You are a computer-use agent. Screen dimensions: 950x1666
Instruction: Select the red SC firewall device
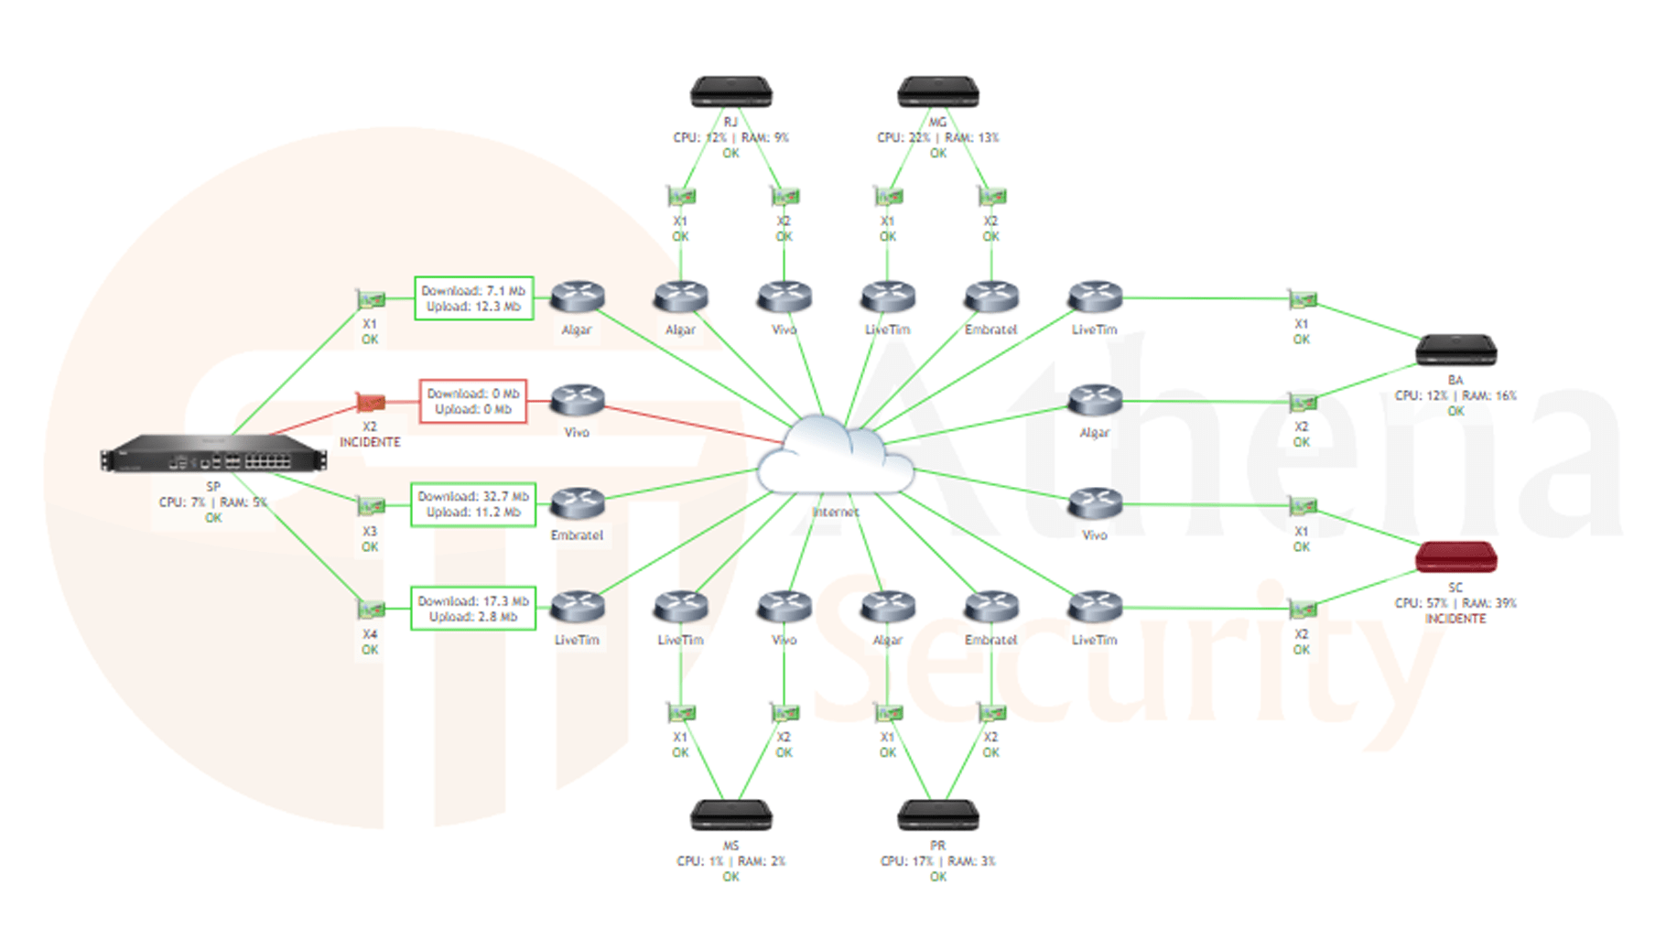(1455, 557)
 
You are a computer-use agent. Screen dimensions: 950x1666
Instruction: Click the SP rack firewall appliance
(213, 455)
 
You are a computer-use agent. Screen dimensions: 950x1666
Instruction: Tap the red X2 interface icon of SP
(370, 402)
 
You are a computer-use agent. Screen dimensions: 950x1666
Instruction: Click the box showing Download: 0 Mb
(473, 401)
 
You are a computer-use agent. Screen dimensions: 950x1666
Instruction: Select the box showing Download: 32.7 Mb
(473, 504)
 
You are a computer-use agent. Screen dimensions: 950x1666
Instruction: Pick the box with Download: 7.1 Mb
(473, 298)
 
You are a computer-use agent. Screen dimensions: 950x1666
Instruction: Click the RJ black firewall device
(730, 92)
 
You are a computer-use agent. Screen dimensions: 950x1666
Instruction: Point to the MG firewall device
(938, 92)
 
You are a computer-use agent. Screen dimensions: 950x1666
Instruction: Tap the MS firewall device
(730, 815)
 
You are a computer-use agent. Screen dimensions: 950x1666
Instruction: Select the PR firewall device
(938, 815)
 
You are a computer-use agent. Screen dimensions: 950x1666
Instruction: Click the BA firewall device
(1455, 351)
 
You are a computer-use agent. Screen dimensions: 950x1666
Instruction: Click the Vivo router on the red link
(578, 400)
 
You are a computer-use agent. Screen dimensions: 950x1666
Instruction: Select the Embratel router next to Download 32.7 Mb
(578, 502)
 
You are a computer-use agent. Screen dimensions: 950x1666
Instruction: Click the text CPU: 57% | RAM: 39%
(1455, 603)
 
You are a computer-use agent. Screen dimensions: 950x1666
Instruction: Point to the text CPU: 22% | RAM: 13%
(938, 137)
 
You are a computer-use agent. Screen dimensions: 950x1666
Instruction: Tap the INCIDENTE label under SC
(1455, 619)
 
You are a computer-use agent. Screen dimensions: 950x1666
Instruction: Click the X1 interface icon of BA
(1302, 299)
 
